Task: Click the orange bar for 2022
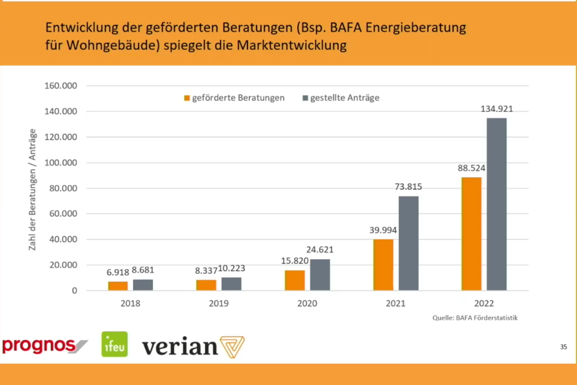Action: [471, 234]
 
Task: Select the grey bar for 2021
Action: [408, 243]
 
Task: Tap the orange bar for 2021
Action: [383, 265]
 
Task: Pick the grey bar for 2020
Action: [320, 275]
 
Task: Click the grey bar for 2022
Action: [496, 204]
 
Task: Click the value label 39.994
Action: [384, 230]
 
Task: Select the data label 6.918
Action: [118, 272]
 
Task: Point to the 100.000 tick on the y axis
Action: [60, 163]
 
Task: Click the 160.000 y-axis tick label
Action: [60, 86]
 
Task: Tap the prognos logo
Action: [43, 346]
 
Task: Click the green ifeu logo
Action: [114, 345]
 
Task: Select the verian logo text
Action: [180, 347]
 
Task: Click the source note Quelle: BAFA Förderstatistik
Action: [474, 318]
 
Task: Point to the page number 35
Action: [563, 347]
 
